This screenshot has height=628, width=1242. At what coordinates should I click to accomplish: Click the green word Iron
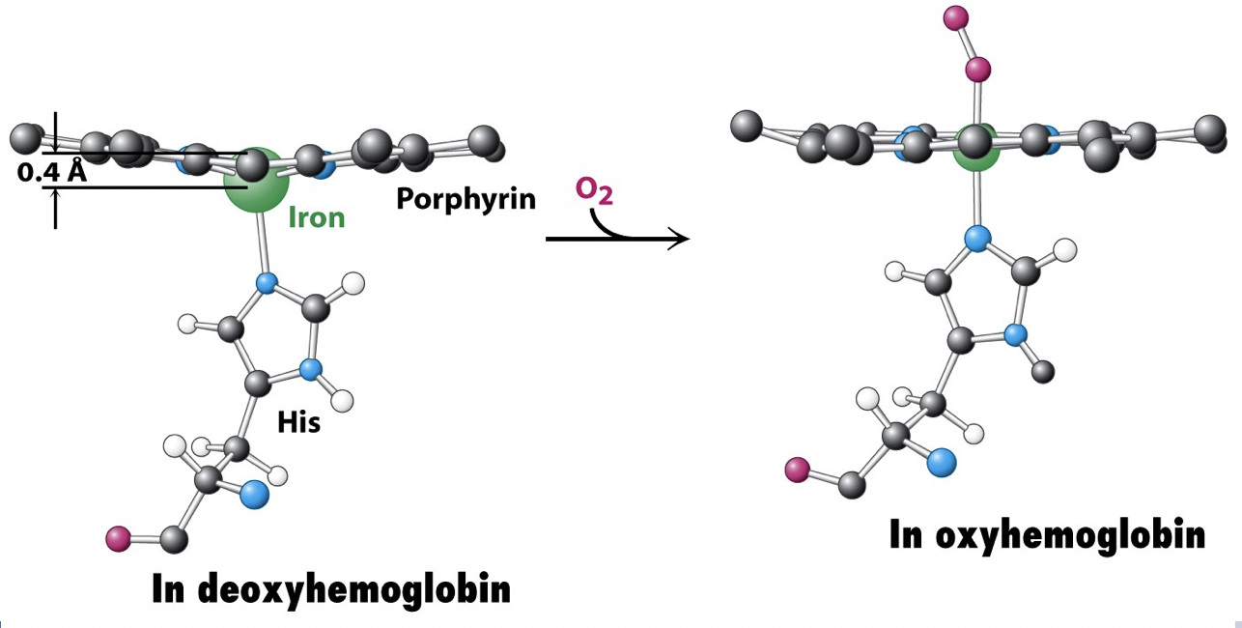pos(317,216)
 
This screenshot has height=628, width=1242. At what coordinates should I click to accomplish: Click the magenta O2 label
pos(594,190)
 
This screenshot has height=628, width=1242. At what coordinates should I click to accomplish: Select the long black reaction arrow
pos(618,238)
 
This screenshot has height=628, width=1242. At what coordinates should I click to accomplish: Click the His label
pos(298,421)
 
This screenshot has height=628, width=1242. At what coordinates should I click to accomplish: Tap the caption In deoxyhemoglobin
pos(331,588)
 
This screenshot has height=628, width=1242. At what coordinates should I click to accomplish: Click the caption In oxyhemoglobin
pos(1047,534)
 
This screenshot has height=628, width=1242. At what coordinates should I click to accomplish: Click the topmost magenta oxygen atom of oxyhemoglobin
pos(955,16)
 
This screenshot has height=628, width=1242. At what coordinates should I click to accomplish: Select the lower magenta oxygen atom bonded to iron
pos(978,70)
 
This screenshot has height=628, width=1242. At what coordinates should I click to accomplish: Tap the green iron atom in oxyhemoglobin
pos(977,155)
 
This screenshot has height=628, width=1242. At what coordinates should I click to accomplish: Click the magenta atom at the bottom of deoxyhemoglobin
pos(118,535)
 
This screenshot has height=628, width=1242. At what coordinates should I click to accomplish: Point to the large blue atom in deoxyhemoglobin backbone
pos(254,495)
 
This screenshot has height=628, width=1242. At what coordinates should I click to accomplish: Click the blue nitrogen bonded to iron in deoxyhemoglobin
pos(266,284)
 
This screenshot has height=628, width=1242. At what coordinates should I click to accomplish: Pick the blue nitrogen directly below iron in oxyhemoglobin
pos(978,238)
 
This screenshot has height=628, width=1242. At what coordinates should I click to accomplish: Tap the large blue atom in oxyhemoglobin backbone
pos(942,462)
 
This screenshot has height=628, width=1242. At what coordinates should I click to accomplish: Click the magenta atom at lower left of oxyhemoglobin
pos(797,471)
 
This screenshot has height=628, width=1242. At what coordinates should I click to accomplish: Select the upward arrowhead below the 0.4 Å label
pos(55,195)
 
